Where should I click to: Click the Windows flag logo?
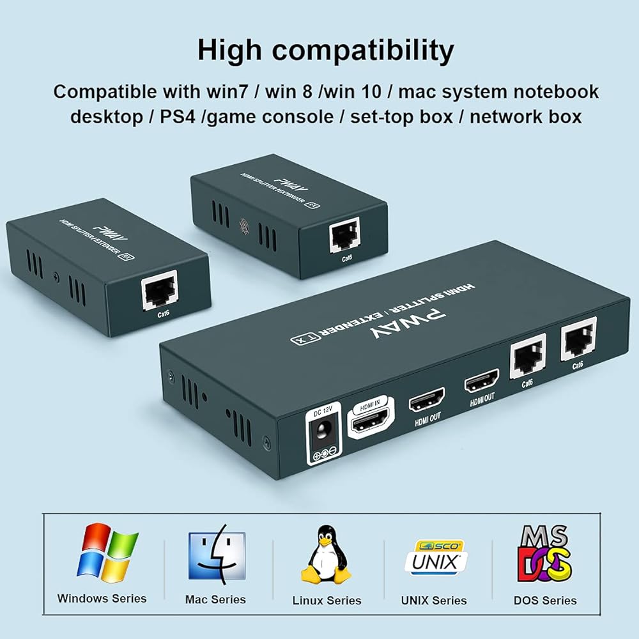click(107, 552)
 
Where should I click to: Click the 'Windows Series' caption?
click(102, 599)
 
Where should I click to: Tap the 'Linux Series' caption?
click(327, 600)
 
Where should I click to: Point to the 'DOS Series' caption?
click(545, 600)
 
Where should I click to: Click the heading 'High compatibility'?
click(326, 50)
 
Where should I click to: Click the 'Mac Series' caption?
click(215, 599)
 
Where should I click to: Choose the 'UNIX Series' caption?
click(434, 600)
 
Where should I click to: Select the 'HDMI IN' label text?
click(370, 407)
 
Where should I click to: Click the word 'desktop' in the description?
click(105, 117)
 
